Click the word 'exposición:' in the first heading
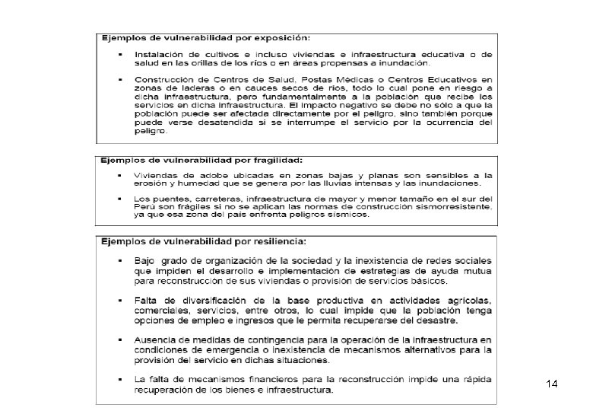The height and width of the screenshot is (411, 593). (283, 37)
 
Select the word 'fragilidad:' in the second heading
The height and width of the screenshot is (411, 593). (274, 161)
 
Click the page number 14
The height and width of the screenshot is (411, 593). (552, 385)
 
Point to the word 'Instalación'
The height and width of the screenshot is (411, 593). (160, 54)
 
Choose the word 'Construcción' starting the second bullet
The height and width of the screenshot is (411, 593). (166, 79)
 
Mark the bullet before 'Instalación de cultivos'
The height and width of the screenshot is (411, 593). (121, 54)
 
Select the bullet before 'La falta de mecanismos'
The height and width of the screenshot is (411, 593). (121, 378)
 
